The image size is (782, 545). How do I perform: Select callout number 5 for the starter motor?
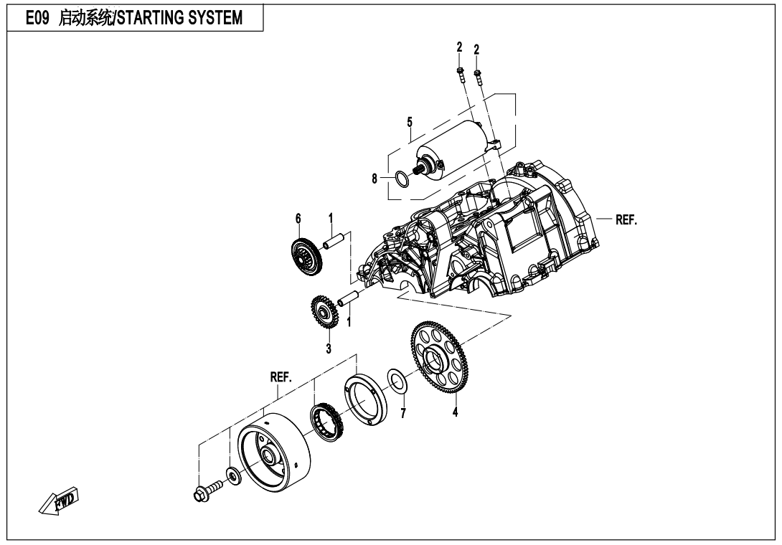pos(409,122)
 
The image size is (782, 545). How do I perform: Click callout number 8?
pos(374,179)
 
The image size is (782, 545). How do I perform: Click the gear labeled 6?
pos(307,255)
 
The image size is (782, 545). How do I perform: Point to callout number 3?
pos(329,349)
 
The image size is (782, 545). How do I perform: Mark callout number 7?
pos(402,413)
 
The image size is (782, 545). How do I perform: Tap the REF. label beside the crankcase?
pos(626,220)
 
